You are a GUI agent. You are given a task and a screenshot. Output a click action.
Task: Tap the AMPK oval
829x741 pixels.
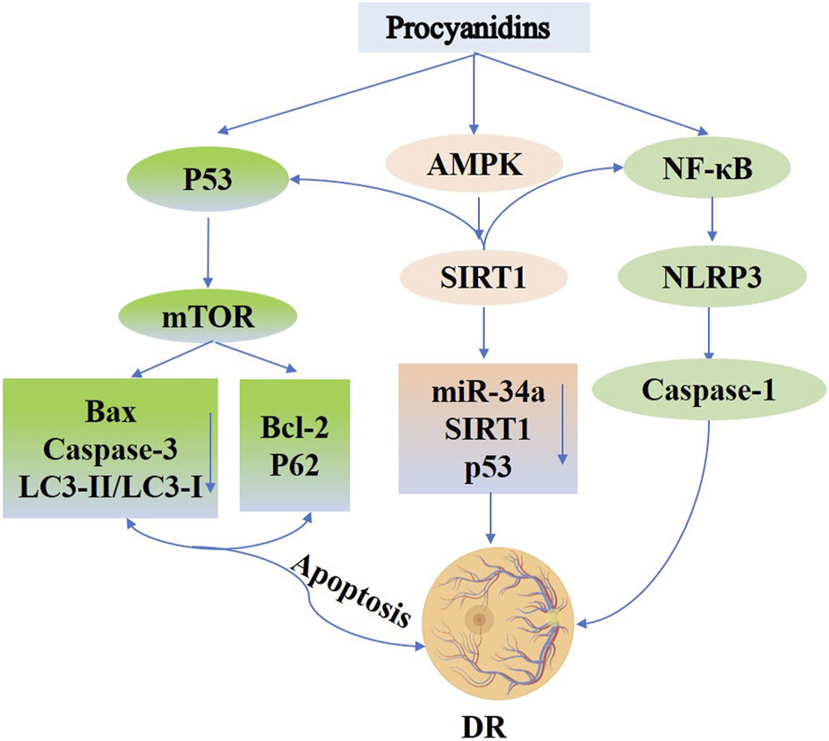tap(474, 168)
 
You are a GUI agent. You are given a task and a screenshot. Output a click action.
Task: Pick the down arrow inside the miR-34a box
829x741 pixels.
tap(561, 430)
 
